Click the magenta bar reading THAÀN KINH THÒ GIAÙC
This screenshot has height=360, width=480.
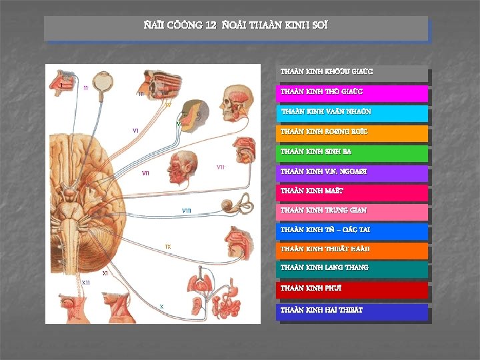click(x=352, y=93)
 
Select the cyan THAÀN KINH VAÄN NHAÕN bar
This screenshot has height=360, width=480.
click(x=352, y=113)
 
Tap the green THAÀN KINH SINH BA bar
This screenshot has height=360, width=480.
click(x=352, y=153)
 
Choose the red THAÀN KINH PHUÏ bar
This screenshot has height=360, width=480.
click(x=352, y=289)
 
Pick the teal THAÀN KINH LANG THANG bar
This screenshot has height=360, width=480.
click(x=352, y=269)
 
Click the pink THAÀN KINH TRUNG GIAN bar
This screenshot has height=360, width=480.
click(x=352, y=211)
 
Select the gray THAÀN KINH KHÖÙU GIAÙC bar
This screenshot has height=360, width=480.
click(x=352, y=72)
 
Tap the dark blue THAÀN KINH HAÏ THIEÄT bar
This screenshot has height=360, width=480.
click(x=352, y=311)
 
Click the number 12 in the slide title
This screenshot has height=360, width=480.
click(x=211, y=26)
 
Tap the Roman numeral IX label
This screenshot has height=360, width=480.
click(x=168, y=247)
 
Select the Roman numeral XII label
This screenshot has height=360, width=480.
click(x=86, y=283)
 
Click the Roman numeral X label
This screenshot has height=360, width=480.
click(x=162, y=306)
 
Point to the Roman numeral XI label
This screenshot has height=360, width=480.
click(x=105, y=273)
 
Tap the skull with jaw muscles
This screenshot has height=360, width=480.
click(x=235, y=100)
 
